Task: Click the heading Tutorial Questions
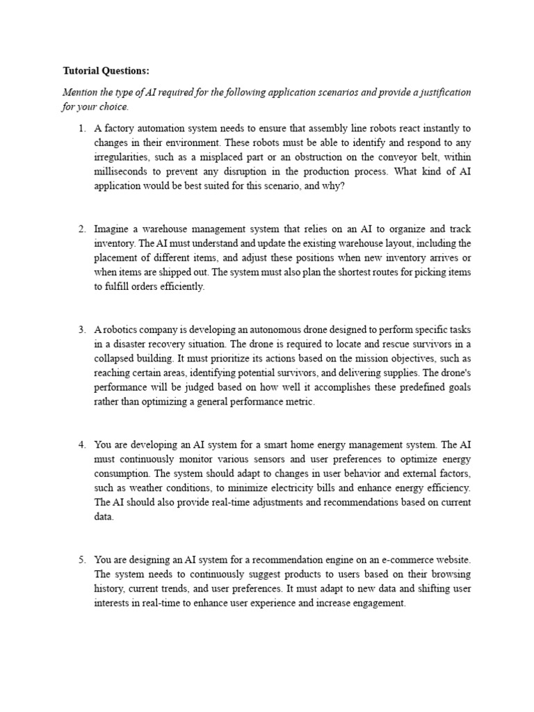(x=106, y=71)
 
